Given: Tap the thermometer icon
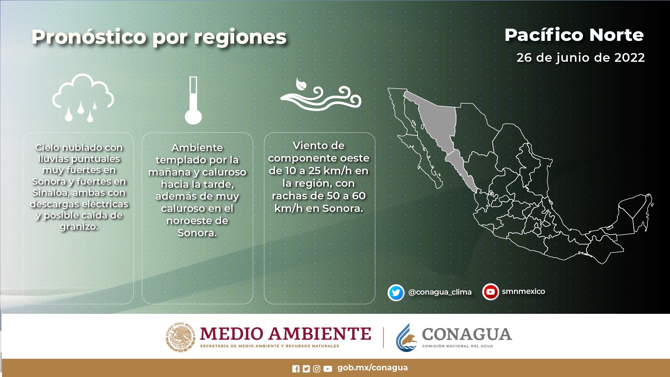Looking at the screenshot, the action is point(193,101).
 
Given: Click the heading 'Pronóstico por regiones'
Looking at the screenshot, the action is point(159,37).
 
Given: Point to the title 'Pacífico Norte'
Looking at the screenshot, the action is point(574,35).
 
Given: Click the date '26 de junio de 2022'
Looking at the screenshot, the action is point(581,58).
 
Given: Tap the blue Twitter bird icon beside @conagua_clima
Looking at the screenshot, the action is point(396,293).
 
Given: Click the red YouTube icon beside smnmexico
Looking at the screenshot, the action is point(491,292).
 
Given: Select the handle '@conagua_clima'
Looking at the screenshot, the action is point(440,292).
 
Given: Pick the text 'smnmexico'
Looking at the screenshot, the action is point(523,291).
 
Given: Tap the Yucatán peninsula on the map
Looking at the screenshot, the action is point(633,213).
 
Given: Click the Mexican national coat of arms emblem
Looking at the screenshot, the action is point(180,337).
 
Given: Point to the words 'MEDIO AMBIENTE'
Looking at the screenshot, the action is point(285,334).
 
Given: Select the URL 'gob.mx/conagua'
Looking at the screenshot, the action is point(372,368).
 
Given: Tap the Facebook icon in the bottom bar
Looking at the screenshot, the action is point(296,369).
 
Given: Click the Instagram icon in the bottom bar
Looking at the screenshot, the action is point(317,369).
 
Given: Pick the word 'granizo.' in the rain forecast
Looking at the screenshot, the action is point(79,227).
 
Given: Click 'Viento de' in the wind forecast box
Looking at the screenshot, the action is point(319,146).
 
